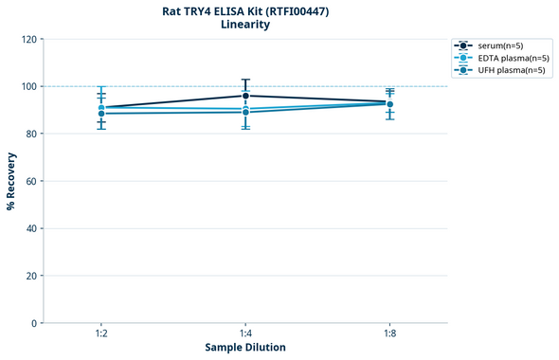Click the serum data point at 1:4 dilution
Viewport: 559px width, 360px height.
pos(245,96)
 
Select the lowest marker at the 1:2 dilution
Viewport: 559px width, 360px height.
pos(101,114)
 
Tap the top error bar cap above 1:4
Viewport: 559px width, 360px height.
pos(245,80)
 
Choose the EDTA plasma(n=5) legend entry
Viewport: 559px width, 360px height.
pos(508,58)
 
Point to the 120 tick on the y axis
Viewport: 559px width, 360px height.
pos(30,39)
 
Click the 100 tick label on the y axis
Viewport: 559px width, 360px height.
pos(30,86)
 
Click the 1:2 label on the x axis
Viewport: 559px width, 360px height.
pos(101,334)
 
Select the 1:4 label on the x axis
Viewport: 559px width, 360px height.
pos(245,334)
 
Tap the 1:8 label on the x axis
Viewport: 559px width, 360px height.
pos(389,334)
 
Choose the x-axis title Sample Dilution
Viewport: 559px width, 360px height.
pos(245,348)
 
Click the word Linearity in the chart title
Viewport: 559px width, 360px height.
pos(245,25)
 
